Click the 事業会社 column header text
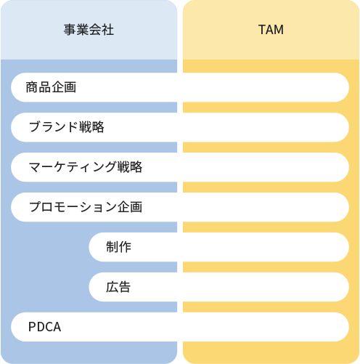coord(89,30)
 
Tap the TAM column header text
coord(271,30)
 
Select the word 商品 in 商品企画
coord(38,87)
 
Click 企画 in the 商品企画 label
coord(64,87)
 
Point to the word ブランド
coord(54,127)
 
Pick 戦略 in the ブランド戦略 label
coord(91,127)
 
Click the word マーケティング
coord(73,167)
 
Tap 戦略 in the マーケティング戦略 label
coord(130,167)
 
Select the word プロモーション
coord(73,207)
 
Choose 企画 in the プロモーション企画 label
coord(130,207)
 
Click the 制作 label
coord(118,247)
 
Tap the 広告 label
coord(118,287)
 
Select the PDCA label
coord(45,327)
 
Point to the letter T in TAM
coord(262,30)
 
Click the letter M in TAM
coord(279,30)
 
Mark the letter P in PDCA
coord(32,327)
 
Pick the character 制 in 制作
coord(112,247)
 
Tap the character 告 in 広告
coord(125,287)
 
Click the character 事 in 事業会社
coord(70,30)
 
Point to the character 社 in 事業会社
coord(107,30)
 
